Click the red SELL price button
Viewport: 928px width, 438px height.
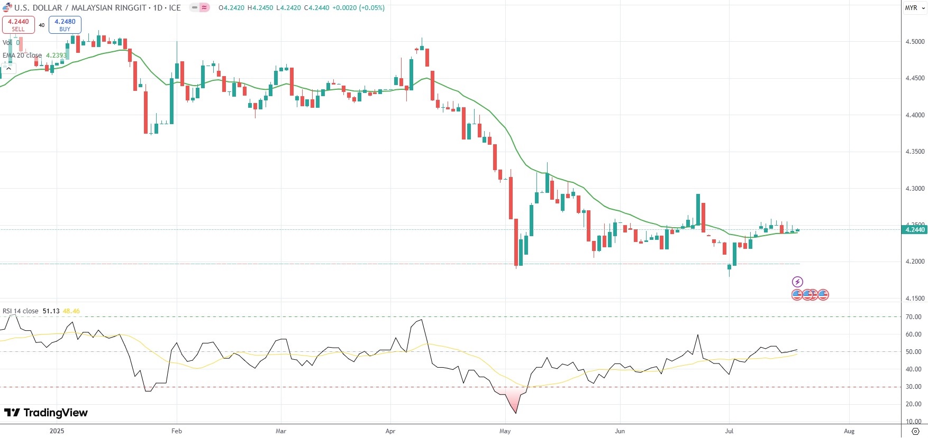point(19,25)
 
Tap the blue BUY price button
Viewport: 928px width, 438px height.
point(65,25)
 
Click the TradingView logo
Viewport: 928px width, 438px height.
point(46,413)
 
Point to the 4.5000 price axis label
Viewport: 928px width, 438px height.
point(915,42)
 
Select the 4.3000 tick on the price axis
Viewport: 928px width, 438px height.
point(915,189)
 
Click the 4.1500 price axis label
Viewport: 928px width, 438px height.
point(915,299)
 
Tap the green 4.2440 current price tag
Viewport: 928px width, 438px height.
point(915,230)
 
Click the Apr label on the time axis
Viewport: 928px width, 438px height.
point(390,431)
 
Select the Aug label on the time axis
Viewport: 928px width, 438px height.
point(849,431)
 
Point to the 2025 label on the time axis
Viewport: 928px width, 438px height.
point(57,431)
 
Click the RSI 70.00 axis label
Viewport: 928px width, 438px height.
point(913,317)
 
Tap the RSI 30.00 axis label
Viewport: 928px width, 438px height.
point(913,387)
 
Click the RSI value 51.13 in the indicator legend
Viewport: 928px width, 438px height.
point(51,311)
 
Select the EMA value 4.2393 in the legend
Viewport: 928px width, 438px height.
point(56,55)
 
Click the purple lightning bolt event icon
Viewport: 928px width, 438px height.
point(797,282)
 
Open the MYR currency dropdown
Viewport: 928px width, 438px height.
point(914,8)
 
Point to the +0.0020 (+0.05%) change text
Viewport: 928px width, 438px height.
point(358,8)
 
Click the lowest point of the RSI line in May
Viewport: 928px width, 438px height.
point(515,413)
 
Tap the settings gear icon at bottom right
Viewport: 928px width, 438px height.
point(915,431)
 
